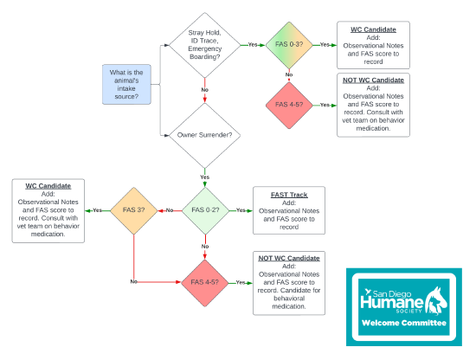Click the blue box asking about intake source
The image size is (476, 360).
tap(126, 85)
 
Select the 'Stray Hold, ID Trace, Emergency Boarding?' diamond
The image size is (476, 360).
tap(204, 44)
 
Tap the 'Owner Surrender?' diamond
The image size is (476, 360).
tap(204, 135)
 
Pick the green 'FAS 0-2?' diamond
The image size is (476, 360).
tap(205, 210)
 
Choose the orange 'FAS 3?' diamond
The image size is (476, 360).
tap(134, 210)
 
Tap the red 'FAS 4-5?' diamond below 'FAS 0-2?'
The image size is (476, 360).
tap(205, 282)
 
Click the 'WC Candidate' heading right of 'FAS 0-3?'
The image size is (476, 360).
tap(374, 29)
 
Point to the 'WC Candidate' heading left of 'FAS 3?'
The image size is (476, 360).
tap(48, 185)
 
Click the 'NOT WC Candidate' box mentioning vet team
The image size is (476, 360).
tap(374, 104)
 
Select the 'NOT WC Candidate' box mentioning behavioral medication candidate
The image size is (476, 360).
tap(289, 282)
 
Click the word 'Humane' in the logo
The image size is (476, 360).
tap(392, 302)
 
